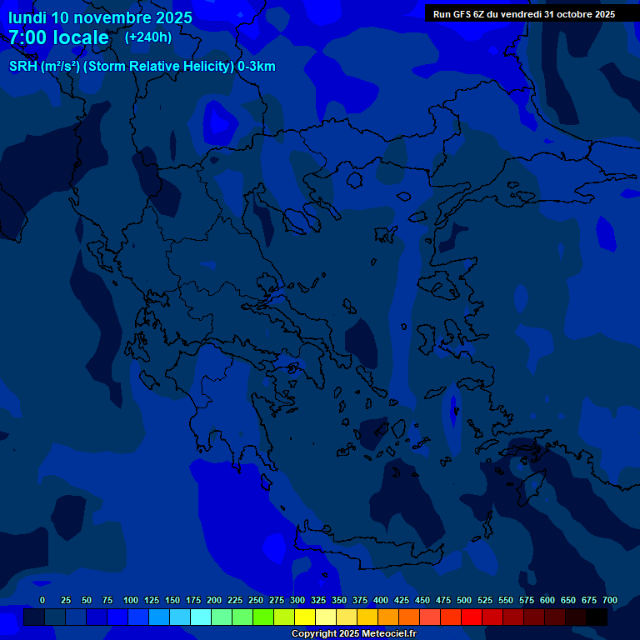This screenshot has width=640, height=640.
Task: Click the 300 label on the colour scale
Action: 297,600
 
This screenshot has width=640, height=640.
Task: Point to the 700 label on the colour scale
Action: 610,600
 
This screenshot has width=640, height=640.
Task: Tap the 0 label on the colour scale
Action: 42,600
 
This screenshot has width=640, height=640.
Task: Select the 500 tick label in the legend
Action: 464,600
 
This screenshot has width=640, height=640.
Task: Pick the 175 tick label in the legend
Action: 193,600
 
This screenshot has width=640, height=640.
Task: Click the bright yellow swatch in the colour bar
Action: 305,617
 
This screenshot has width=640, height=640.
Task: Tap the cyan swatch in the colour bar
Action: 201,617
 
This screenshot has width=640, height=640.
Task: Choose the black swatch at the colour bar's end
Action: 597,617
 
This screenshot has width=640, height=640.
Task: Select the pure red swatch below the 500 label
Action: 472,617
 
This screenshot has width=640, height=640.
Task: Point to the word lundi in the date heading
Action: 27,17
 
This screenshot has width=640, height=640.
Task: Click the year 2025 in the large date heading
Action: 168,17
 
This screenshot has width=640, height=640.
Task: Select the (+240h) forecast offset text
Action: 148,37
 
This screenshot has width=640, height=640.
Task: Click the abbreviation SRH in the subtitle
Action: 22,67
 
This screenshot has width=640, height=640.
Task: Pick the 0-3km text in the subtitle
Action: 256,67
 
